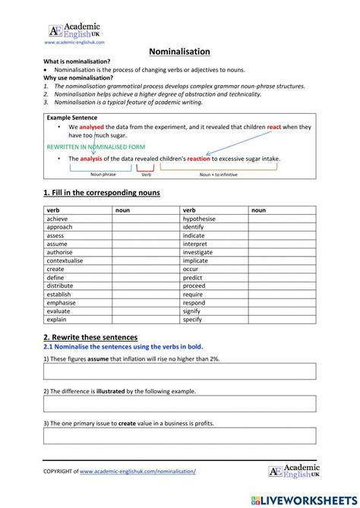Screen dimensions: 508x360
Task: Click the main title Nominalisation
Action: [178, 52]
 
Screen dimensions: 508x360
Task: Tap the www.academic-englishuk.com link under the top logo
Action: [74, 43]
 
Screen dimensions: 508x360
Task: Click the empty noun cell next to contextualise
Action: [147, 260]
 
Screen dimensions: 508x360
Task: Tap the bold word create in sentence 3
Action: [128, 423]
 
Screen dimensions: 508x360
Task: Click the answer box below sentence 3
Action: [179, 436]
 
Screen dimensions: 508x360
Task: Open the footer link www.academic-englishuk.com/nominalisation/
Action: [137, 471]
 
